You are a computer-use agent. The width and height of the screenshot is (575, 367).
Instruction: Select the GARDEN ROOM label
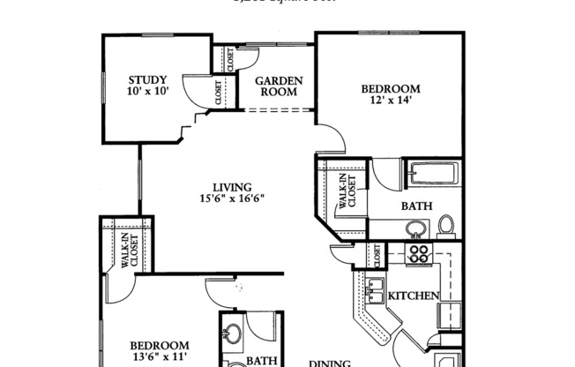279,86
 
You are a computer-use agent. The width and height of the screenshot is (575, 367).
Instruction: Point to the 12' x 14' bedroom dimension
390,101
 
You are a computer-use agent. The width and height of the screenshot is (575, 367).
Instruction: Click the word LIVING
232,187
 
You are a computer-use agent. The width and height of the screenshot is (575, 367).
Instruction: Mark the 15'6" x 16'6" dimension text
232,199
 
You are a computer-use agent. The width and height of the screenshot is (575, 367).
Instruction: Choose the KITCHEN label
414,296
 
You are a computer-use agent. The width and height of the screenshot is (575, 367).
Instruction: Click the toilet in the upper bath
446,226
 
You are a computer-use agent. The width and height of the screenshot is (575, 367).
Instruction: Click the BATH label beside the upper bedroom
416,206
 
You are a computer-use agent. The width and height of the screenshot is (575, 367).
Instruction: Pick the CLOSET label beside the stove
376,257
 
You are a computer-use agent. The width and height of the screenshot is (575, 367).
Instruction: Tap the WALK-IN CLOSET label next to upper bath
347,192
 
